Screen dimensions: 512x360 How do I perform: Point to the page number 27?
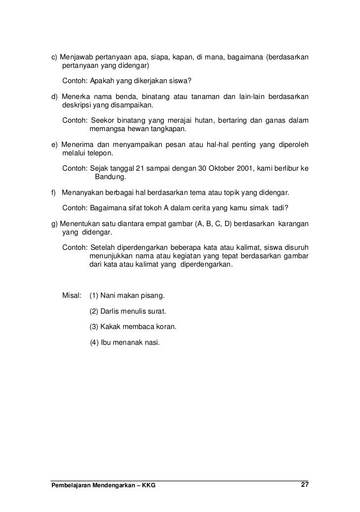[x=305, y=484]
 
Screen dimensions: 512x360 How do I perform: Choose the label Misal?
[x=72, y=296]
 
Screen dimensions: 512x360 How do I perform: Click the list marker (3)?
[x=93, y=327]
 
